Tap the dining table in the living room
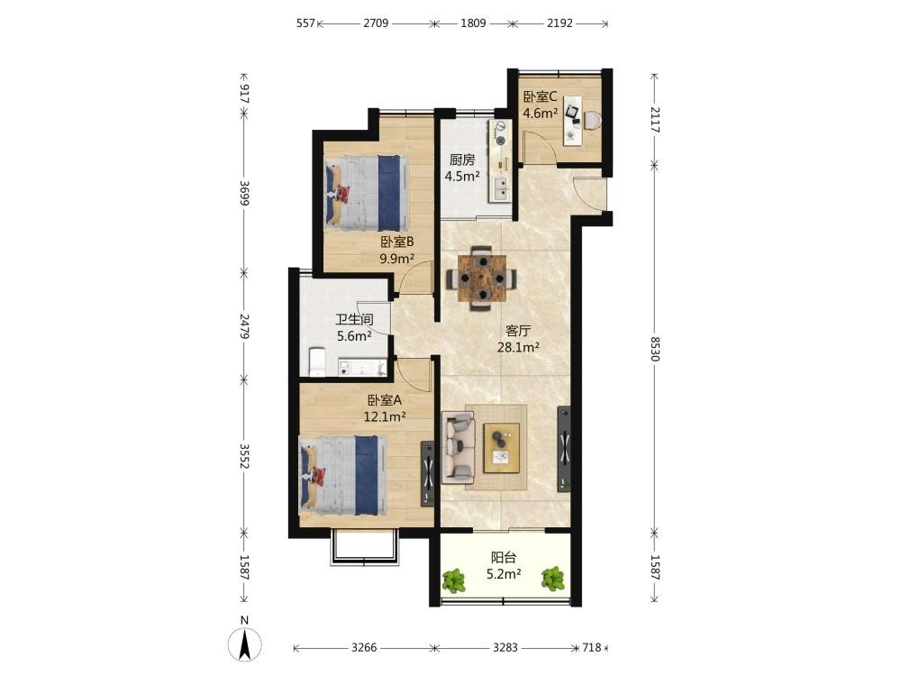click(x=481, y=279)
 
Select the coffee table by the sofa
click(x=501, y=448)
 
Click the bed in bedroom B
click(x=367, y=190)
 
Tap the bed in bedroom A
click(x=342, y=475)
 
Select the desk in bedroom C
click(x=573, y=118)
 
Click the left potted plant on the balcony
click(x=454, y=580)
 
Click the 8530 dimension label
click(x=655, y=348)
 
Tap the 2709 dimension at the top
click(x=376, y=23)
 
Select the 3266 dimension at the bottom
click(x=364, y=648)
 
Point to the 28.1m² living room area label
click(x=518, y=347)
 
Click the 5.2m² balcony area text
click(x=504, y=573)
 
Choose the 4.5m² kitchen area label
click(x=462, y=176)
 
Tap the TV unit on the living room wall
click(x=564, y=448)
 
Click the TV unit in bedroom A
click(x=427, y=473)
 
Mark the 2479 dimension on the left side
click(x=244, y=325)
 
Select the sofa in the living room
click(x=459, y=447)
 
